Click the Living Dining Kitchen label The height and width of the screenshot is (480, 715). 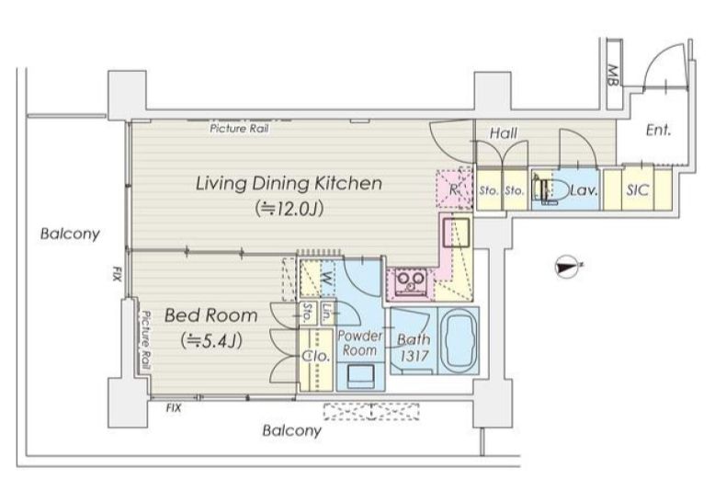289,183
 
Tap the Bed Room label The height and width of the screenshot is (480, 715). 210,315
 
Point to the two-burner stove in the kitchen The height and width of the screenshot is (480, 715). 411,280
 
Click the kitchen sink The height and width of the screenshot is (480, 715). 457,233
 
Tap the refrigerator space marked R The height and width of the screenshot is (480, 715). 454,189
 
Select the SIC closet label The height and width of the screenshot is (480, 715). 637,189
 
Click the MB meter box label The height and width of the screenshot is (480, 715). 613,75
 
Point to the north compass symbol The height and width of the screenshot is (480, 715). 568,267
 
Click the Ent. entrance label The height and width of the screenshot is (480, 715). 658,131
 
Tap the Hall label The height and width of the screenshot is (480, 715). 504,133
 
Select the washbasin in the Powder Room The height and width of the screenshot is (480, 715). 360,375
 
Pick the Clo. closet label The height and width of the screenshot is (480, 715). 316,356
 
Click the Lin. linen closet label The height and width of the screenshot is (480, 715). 327,313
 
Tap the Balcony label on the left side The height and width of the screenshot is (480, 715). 70,234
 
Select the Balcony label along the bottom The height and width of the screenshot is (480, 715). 292,430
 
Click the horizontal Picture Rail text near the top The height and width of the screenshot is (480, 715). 239,129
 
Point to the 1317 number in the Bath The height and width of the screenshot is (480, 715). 414,357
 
